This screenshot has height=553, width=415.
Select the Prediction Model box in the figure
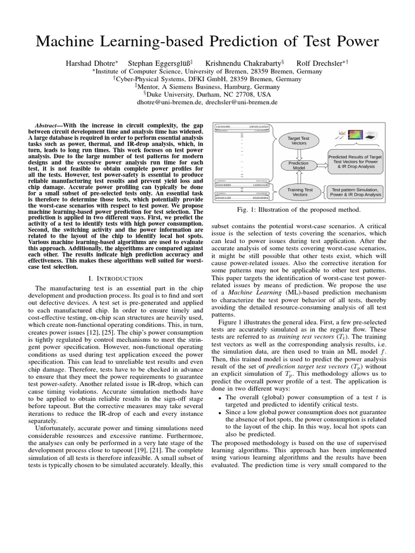point(298,166)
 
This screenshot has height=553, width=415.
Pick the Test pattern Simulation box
point(355,192)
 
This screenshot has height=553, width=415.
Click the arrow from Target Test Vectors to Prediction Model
point(299,154)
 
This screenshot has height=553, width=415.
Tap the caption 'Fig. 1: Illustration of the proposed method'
point(299,210)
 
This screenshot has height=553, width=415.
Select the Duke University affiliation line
point(207,94)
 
